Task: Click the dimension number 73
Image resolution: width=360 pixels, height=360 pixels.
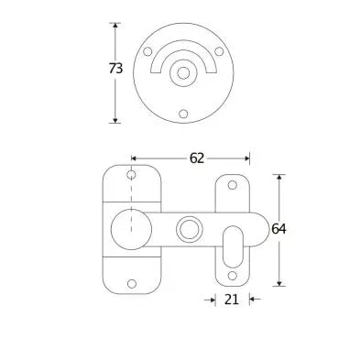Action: pyautogui.click(x=115, y=69)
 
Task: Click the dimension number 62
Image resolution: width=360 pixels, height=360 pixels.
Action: pyautogui.click(x=197, y=158)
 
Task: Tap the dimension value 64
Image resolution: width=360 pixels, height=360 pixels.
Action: pyautogui.click(x=278, y=229)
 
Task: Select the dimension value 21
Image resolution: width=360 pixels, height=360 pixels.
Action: pyautogui.click(x=231, y=300)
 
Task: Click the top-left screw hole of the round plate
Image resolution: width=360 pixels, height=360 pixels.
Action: pyautogui.click(x=147, y=51)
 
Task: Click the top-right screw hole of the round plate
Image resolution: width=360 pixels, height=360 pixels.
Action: pyautogui.click(x=219, y=51)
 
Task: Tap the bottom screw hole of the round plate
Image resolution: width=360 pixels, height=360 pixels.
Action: pyautogui.click(x=183, y=114)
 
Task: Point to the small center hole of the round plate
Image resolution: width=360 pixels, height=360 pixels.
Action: pyautogui.click(x=183, y=73)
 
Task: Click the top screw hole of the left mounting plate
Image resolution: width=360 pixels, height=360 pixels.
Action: pyautogui.click(x=131, y=175)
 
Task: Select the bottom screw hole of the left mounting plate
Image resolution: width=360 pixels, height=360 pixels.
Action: pyautogui.click(x=132, y=284)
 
